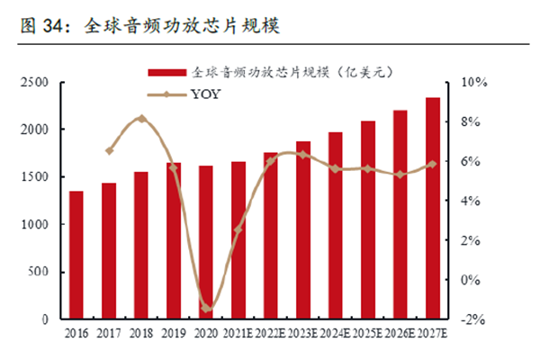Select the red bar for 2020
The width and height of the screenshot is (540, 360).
click(x=206, y=242)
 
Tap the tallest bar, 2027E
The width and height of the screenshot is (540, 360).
click(x=433, y=208)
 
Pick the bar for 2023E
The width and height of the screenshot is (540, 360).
click(x=303, y=229)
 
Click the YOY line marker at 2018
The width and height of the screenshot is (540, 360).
click(x=141, y=119)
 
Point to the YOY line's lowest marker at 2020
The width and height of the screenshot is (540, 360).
click(x=206, y=309)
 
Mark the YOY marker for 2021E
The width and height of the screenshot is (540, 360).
click(x=238, y=229)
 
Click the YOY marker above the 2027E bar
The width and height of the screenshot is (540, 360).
click(x=433, y=164)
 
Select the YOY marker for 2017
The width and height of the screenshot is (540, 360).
click(x=109, y=151)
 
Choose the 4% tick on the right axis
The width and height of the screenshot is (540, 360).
click(x=473, y=201)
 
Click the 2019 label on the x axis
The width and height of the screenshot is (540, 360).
click(x=174, y=334)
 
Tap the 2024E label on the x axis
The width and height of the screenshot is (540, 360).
click(x=336, y=334)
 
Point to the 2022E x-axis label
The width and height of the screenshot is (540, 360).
click(x=271, y=334)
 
